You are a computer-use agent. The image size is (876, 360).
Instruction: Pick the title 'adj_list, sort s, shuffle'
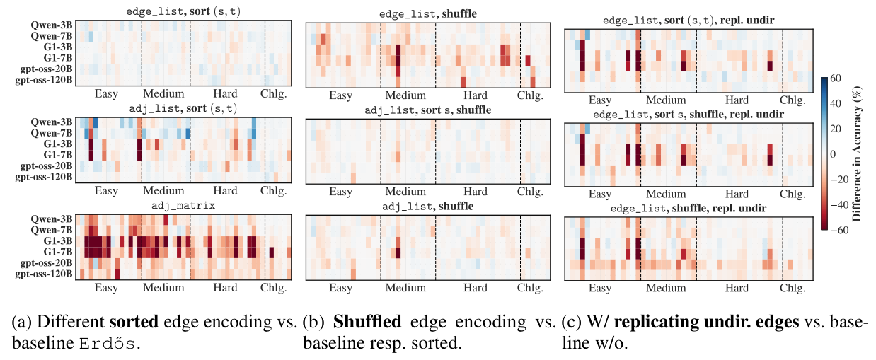427,110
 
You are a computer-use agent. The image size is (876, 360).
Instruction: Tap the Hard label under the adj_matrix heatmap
225,288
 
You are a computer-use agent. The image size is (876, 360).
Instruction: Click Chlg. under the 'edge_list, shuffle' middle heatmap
527,95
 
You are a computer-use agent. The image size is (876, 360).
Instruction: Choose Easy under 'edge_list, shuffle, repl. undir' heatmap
600,288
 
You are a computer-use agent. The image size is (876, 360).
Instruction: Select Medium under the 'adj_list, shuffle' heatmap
405,288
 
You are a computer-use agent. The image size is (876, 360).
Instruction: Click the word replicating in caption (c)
652,323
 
